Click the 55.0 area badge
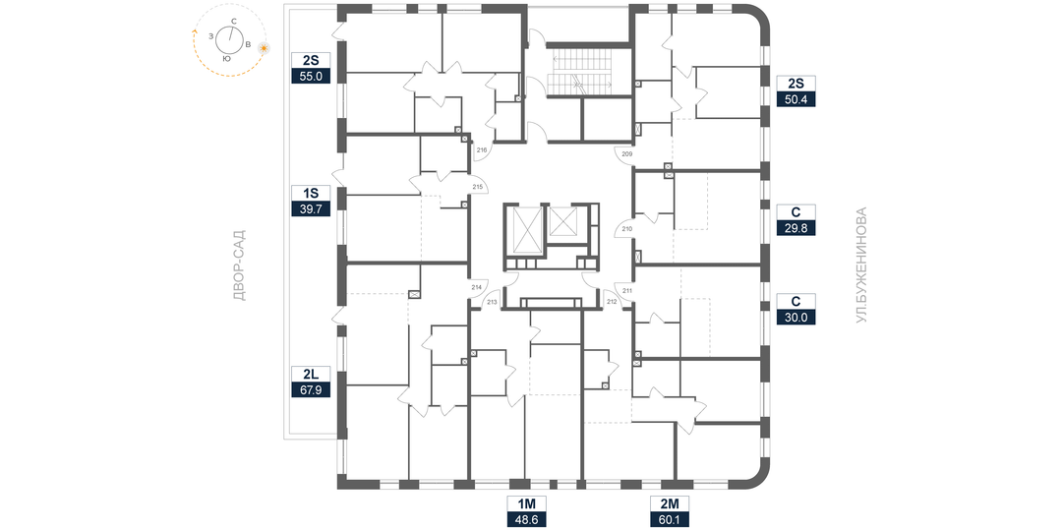click(312, 75)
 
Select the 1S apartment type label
click(312, 193)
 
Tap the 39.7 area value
click(312, 208)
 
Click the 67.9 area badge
click(312, 389)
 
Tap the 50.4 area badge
click(796, 98)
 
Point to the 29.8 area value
click(796, 228)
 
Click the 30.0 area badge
click(796, 317)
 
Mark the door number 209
click(627, 154)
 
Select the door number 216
click(482, 151)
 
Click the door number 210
click(627, 230)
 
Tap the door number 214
click(477, 287)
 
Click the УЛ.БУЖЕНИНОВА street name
click(861, 265)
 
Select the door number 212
click(611, 302)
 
